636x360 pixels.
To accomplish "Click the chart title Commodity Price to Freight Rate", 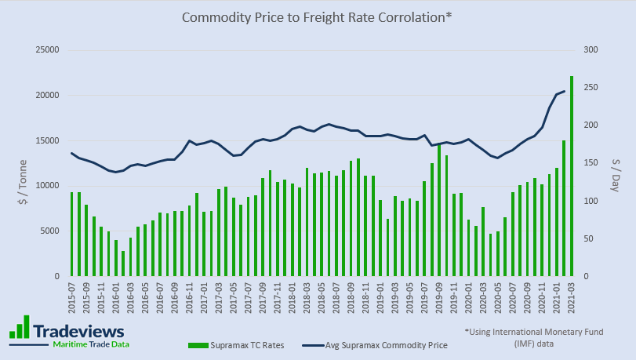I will [317, 17].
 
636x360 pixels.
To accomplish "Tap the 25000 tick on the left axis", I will [49, 50].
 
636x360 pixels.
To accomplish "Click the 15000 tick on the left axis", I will [49, 140].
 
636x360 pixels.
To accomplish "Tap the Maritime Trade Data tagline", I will [90, 344].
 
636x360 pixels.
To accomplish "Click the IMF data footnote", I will [533, 337].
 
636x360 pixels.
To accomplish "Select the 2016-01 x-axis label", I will [116, 300].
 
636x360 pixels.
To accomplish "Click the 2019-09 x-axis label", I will [439, 300].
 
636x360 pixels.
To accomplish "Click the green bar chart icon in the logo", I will [20, 327].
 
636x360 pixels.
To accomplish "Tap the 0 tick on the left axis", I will [57, 277].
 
